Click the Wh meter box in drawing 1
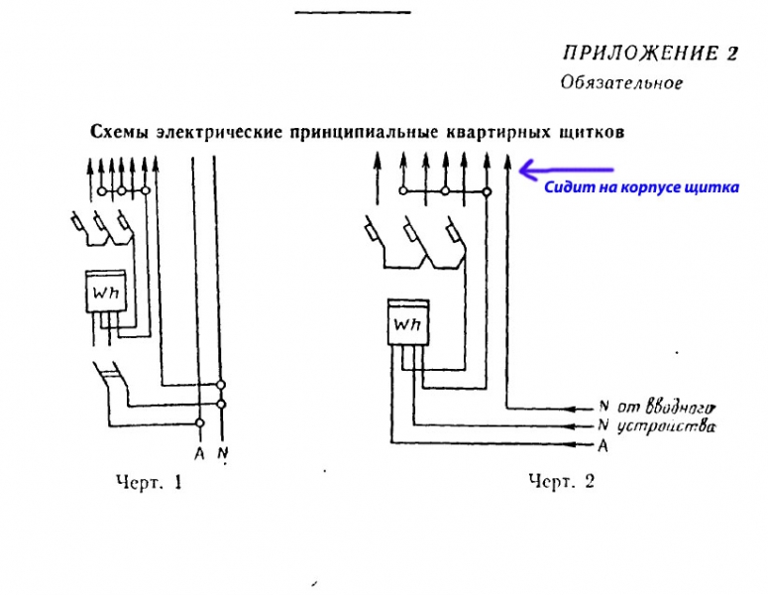coord(103,295)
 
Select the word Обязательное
coord(620,82)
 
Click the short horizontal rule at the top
coord(352,12)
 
